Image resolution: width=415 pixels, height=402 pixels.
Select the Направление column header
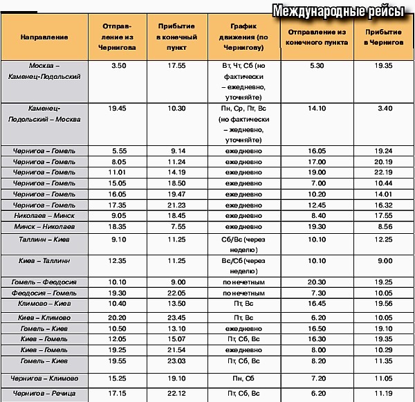click(x=44, y=35)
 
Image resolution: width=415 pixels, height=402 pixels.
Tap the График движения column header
click(x=243, y=35)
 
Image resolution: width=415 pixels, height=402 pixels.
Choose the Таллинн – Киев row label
click(x=44, y=239)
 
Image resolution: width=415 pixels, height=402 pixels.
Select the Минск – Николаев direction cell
click(x=44, y=226)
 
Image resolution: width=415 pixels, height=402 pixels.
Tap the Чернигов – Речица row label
click(x=44, y=393)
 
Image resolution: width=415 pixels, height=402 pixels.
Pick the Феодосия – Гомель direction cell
click(x=44, y=293)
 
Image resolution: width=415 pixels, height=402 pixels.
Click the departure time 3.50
click(x=118, y=64)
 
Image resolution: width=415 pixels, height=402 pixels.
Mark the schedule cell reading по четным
click(x=243, y=293)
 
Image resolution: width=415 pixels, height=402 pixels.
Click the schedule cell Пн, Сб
click(x=243, y=378)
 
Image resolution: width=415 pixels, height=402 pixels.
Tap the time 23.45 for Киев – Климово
click(x=177, y=317)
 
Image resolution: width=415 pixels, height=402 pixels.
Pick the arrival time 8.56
click(x=383, y=226)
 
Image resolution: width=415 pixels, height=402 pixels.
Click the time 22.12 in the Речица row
click(x=177, y=393)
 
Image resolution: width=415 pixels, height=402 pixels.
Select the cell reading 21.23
click(x=177, y=205)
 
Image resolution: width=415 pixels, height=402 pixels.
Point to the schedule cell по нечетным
click(x=243, y=282)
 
